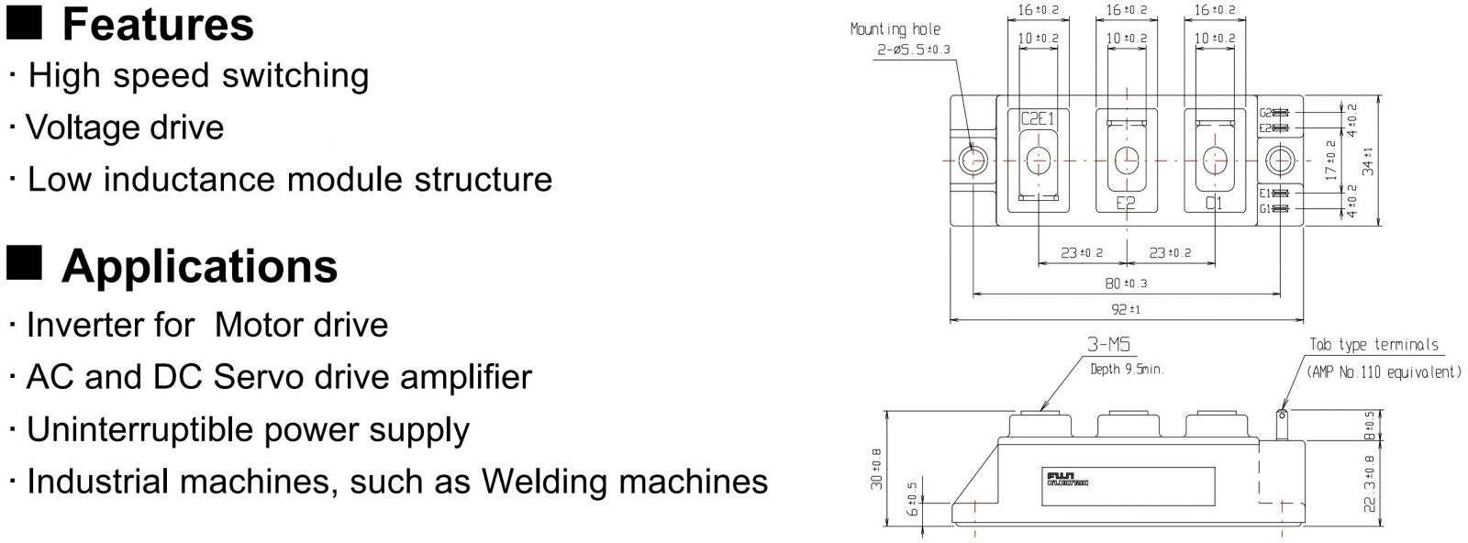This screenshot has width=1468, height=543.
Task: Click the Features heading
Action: point(157,25)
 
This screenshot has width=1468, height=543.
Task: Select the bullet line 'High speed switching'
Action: point(198,75)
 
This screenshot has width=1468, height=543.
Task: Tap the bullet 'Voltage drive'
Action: point(125,127)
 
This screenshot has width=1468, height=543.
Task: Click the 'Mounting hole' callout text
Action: point(895,29)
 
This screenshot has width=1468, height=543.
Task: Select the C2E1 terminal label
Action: point(1039,118)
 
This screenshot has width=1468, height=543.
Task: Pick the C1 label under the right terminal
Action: point(1214,204)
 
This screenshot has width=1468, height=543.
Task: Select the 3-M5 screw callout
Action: point(1108,346)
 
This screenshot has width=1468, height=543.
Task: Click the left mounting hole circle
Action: point(973,161)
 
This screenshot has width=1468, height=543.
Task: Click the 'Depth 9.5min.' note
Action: point(1127,370)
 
